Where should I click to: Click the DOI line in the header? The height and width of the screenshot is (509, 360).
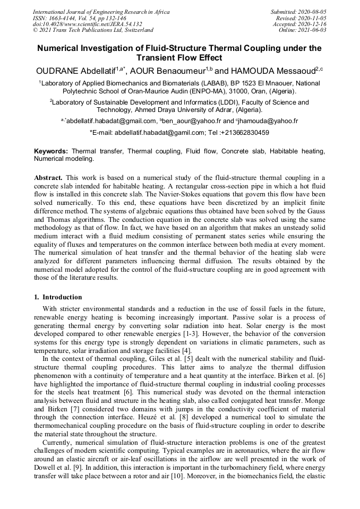[x=87, y=24]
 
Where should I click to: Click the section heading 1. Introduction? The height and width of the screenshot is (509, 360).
[x=58, y=297]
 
